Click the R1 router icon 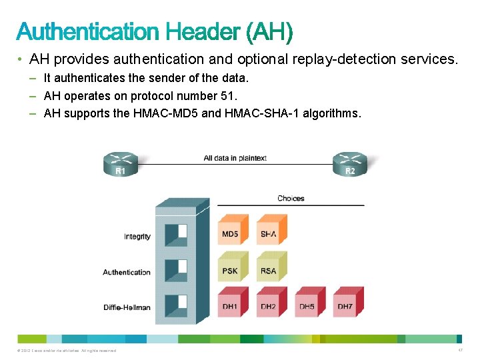[x=120, y=163]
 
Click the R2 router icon [x=349, y=163]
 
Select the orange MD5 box [x=231, y=231]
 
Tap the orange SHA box [x=269, y=231]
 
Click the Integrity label [x=137, y=237]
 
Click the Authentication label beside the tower [x=127, y=272]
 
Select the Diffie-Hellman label [x=127, y=307]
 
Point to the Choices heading [x=291, y=198]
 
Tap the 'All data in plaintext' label [x=235, y=158]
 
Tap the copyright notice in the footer [x=66, y=350]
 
